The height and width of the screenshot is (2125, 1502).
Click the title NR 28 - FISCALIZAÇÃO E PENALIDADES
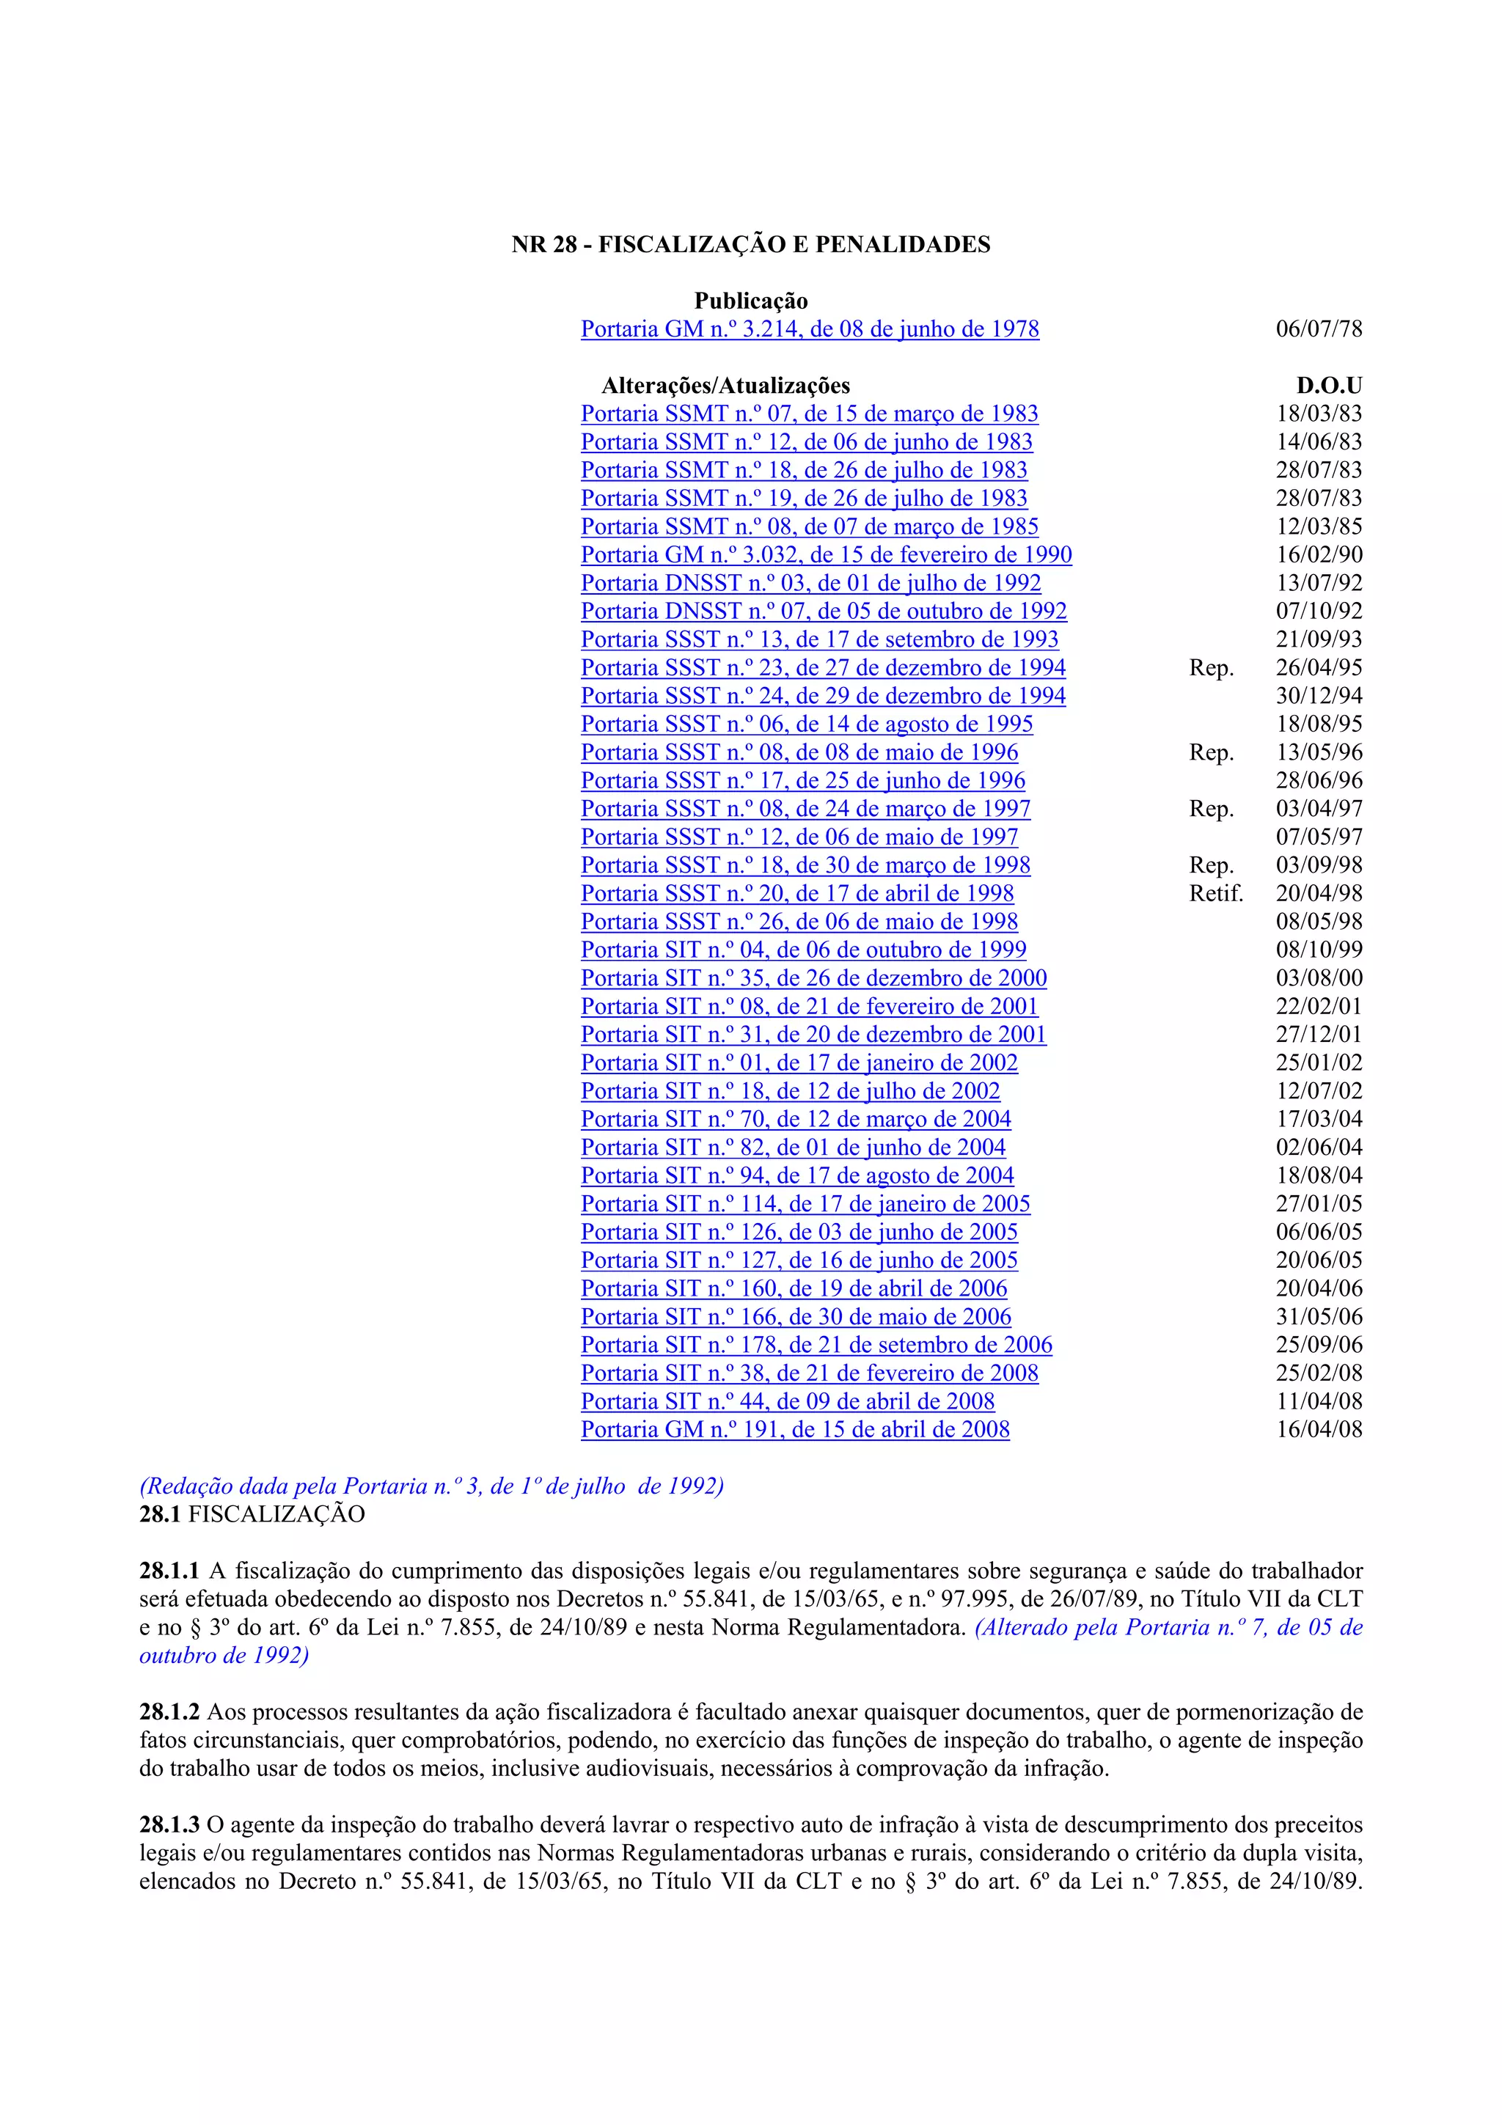coord(750,244)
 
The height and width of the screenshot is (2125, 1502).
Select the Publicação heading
coord(750,301)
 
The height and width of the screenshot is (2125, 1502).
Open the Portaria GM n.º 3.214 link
coord(810,329)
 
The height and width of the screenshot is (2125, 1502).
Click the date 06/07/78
coord(1319,329)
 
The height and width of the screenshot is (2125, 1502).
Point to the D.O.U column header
coord(1329,386)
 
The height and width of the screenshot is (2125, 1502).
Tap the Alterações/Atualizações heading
coord(725,386)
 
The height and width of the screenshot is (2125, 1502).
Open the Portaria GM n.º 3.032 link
coord(827,555)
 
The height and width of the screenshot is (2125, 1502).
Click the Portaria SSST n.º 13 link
coord(819,639)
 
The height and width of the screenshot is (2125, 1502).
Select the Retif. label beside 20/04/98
coord(1216,894)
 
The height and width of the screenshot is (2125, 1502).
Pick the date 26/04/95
coord(1319,668)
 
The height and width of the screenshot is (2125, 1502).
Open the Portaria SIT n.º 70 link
coord(796,1120)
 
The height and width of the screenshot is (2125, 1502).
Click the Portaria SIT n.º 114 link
coord(805,1204)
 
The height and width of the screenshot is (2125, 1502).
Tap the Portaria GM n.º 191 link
coord(795,1430)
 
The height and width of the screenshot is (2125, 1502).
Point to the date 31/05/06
coord(1319,1317)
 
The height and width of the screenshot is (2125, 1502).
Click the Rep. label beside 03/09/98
coord(1212,865)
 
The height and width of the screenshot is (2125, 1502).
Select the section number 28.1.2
coord(169,1712)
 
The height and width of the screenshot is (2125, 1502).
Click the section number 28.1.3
coord(169,1825)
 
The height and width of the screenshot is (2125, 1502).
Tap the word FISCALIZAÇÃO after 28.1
coord(276,1515)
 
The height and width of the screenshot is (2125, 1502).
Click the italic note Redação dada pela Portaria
coord(431,1486)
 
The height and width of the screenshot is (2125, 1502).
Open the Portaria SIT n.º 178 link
coord(816,1346)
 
